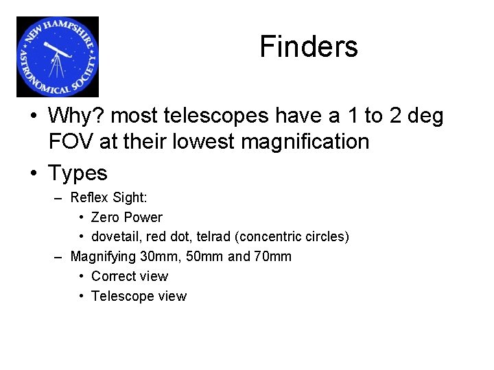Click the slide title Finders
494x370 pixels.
click(309, 47)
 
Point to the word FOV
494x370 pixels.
click(71, 142)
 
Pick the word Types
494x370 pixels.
click(78, 173)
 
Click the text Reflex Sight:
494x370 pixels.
click(109, 197)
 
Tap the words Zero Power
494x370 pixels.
click(127, 217)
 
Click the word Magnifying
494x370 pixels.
click(103, 256)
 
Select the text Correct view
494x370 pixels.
click(130, 276)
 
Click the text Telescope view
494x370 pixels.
click(139, 296)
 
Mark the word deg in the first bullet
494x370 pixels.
click(425, 116)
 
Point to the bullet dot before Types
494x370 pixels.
click(33, 173)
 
